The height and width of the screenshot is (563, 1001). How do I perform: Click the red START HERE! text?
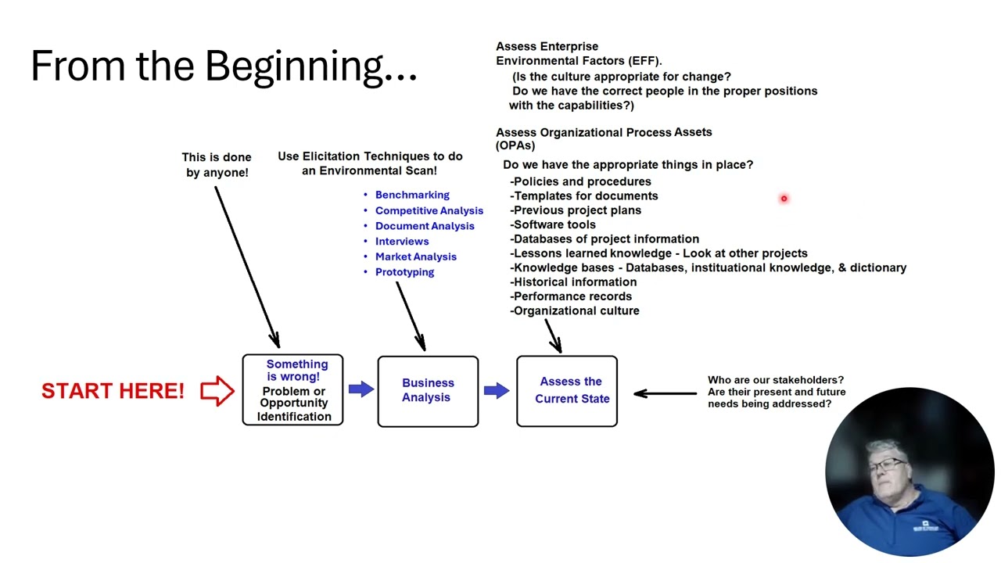[113, 391]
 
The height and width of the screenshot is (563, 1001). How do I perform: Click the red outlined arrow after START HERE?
[217, 390]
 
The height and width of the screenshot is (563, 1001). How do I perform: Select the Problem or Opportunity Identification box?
[292, 390]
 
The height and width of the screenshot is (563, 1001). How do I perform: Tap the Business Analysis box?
[428, 391]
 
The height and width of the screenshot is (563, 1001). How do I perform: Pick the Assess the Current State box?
[567, 391]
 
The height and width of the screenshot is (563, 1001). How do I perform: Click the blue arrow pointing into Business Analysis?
[361, 389]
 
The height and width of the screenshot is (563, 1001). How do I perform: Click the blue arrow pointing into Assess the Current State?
[497, 389]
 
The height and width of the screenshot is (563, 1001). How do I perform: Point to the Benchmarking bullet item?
[412, 195]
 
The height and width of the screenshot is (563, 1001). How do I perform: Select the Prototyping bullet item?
[404, 272]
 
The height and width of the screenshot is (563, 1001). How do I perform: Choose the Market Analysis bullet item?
[415, 256]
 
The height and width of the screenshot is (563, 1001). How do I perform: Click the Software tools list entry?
[554, 224]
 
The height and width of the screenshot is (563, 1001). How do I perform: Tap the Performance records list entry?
[572, 296]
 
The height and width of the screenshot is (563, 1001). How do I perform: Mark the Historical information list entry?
[575, 281]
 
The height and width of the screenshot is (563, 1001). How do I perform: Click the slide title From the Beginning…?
[224, 66]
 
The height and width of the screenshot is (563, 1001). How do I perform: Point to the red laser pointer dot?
[783, 199]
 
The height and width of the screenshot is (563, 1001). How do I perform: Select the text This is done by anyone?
[217, 165]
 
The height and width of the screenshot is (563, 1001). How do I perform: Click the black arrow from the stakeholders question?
[665, 393]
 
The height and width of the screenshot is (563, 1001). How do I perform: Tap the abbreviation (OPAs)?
[515, 145]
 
